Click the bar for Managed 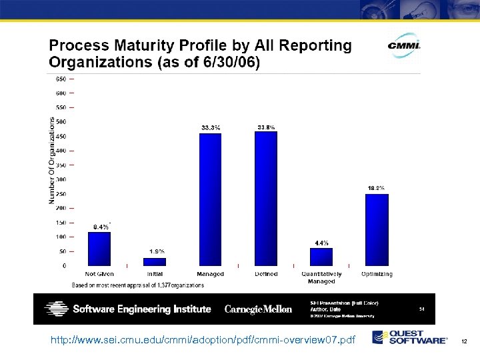pyautogui.click(x=211, y=200)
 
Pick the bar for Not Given pyautogui.click(x=99, y=249)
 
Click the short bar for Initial pyautogui.click(x=155, y=262)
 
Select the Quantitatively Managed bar pyautogui.click(x=321, y=257)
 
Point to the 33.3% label pyautogui.click(x=211, y=127)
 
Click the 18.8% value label pyautogui.click(x=377, y=188)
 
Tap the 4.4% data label pyautogui.click(x=321, y=243)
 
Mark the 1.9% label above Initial pyautogui.click(x=157, y=251)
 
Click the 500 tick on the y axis pyautogui.click(x=60, y=122)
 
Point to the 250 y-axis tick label pyautogui.click(x=60, y=194)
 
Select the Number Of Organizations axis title pyautogui.click(x=52, y=161)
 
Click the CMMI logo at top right pyautogui.click(x=404, y=45)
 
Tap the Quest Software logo pyautogui.click(x=410, y=337)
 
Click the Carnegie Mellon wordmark pyautogui.click(x=259, y=309)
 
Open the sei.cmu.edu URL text pyautogui.click(x=203, y=341)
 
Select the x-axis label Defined pyautogui.click(x=266, y=274)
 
